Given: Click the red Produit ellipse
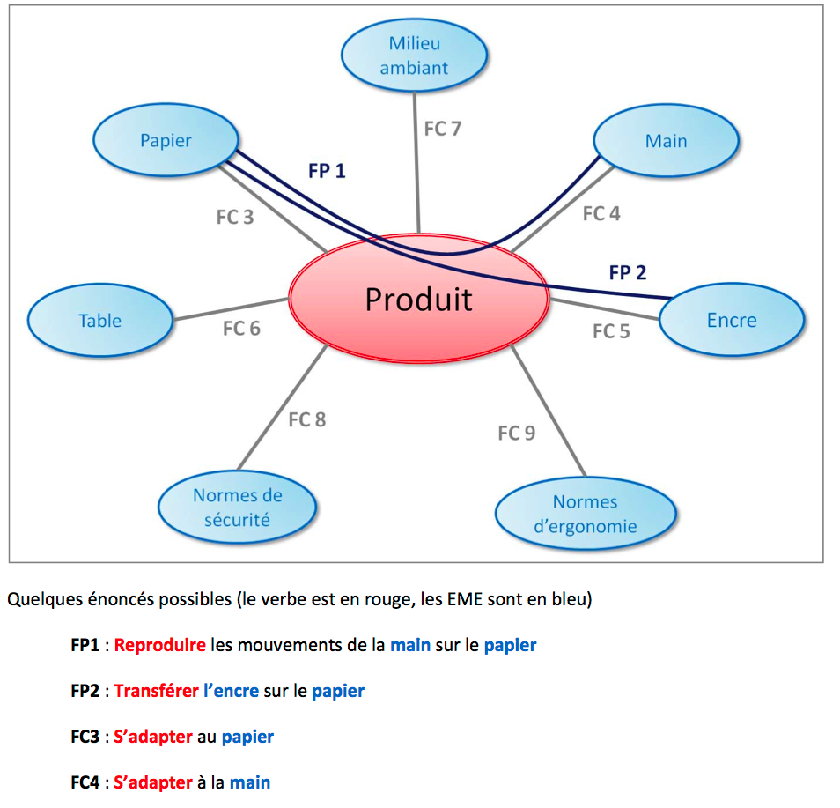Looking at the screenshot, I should pyautogui.click(x=419, y=300).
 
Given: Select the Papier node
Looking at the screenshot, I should pyautogui.click(x=166, y=141).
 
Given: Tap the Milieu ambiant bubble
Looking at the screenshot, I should pyautogui.click(x=414, y=55).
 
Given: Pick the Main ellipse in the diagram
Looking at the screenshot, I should pyautogui.click(x=666, y=141).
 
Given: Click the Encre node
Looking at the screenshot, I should pyautogui.click(x=731, y=321).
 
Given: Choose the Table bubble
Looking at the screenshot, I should pyautogui.click(x=100, y=321).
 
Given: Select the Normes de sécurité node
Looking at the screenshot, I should pyautogui.click(x=237, y=507).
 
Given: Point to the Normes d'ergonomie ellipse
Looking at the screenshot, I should pyautogui.click(x=586, y=514).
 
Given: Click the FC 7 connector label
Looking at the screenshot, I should pyautogui.click(x=442, y=129).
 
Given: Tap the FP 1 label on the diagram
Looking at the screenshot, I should pyautogui.click(x=327, y=171).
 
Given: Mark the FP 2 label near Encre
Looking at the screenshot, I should pyautogui.click(x=627, y=272).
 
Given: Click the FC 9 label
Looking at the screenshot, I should pyautogui.click(x=516, y=433).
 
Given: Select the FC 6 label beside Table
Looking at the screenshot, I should pyautogui.click(x=241, y=329).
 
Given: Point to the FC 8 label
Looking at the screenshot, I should pyautogui.click(x=306, y=419).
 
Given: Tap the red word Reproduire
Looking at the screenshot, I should pyautogui.click(x=159, y=645).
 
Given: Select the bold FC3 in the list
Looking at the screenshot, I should pyautogui.click(x=85, y=737).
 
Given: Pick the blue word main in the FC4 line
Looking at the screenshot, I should pyautogui.click(x=250, y=782).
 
